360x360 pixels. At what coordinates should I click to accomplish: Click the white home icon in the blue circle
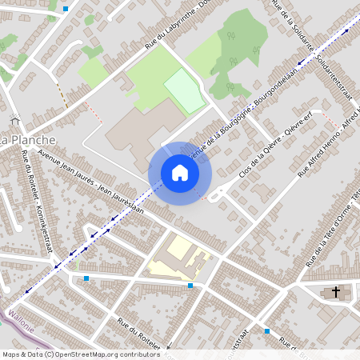(180, 173)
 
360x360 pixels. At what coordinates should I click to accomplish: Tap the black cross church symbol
(336, 292)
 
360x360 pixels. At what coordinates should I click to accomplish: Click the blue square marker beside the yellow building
(190, 286)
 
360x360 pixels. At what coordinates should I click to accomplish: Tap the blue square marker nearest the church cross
(267, 330)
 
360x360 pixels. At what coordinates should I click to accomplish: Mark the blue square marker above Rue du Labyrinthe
(66, 8)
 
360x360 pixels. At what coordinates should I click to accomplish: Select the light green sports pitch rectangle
(185, 90)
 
